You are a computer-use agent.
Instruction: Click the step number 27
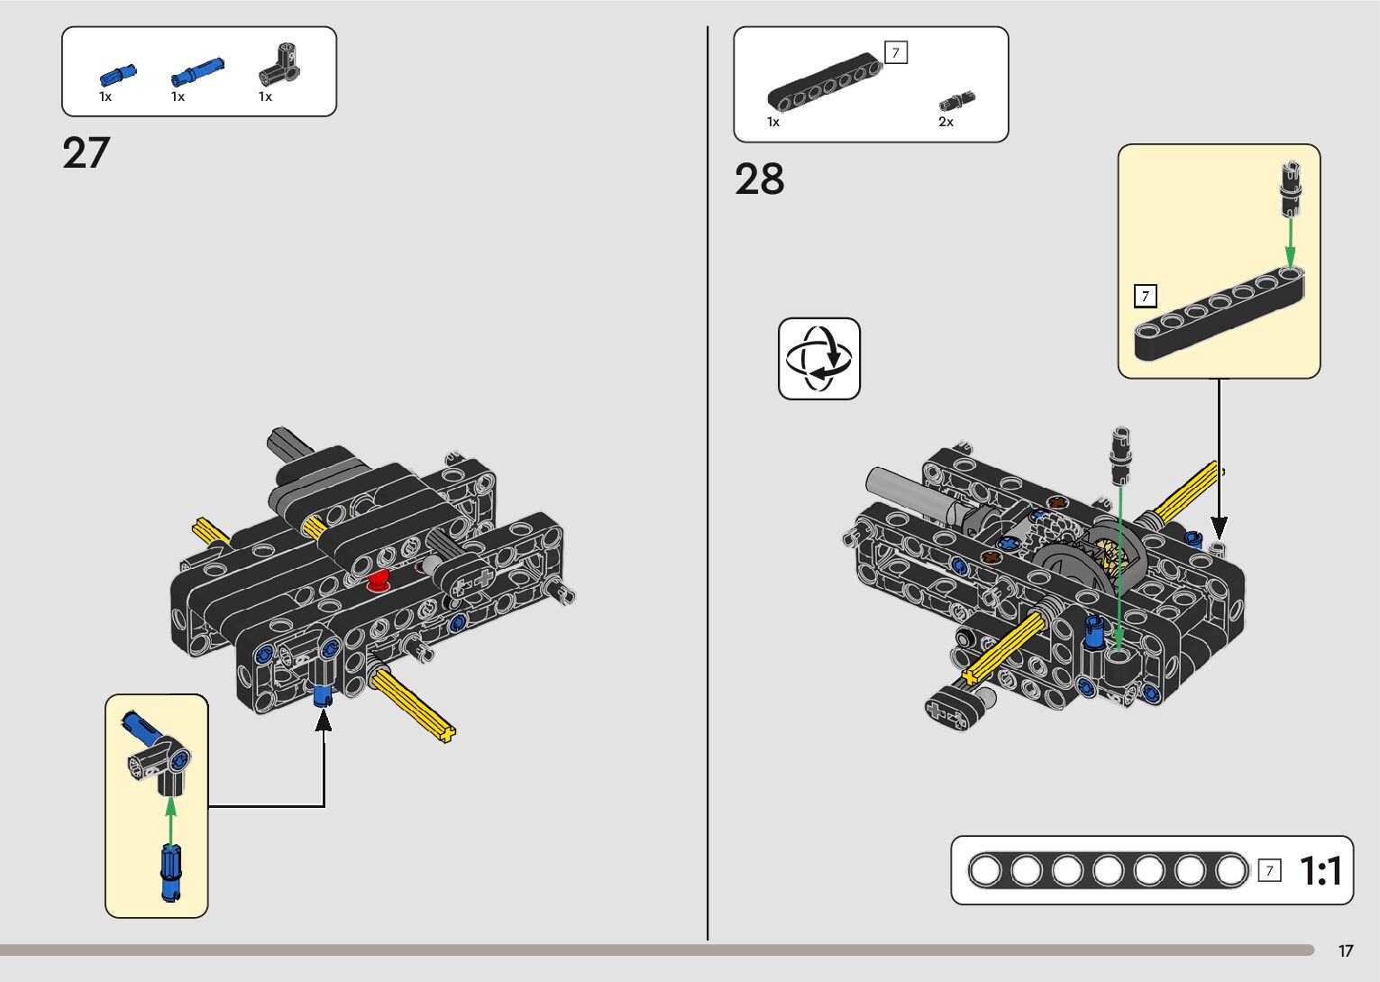[87, 153]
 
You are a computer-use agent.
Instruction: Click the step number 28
[759, 179]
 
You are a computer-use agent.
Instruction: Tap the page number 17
[1346, 951]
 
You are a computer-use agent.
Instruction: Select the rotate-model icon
[818, 358]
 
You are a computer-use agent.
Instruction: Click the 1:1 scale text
[1321, 871]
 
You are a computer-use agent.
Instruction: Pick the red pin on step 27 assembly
[379, 580]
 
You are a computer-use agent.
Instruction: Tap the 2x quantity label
[946, 122]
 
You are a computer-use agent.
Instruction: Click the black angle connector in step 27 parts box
[280, 65]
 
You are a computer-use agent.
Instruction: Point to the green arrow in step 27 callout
[171, 818]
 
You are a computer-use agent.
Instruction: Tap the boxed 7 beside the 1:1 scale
[1269, 870]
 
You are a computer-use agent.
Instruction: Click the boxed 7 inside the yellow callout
[1145, 296]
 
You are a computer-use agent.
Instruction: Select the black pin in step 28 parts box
[957, 100]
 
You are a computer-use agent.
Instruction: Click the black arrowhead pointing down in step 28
[1219, 527]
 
